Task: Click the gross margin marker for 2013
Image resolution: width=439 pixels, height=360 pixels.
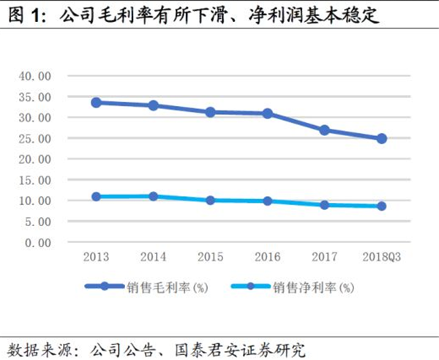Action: point(95,102)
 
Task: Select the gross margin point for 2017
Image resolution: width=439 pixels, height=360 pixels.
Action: point(324,130)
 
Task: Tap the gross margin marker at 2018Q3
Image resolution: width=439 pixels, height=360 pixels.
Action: point(381,138)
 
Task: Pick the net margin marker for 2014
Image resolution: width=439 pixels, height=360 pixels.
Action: point(153,196)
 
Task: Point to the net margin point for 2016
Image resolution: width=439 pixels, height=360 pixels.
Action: point(267,200)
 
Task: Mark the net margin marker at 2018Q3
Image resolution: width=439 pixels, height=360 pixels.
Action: point(381,206)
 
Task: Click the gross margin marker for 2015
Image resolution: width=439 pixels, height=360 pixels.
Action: point(210,112)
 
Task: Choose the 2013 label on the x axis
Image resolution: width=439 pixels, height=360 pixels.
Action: point(96,257)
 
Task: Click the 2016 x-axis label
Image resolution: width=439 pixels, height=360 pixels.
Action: point(267,257)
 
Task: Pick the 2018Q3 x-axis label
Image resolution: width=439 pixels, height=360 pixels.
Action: point(381,257)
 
